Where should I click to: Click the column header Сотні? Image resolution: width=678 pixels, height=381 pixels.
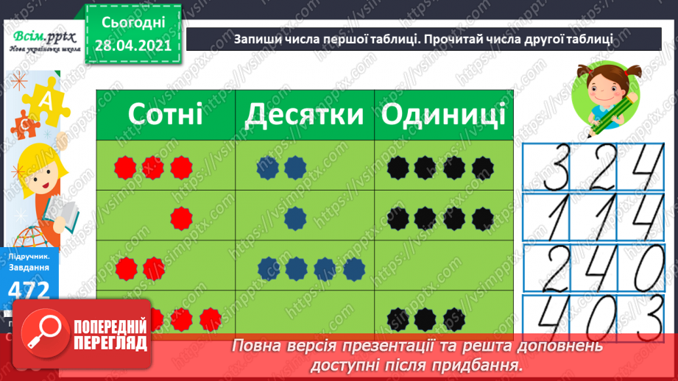[165, 115]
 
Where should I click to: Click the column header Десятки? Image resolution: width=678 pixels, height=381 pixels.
[304, 115]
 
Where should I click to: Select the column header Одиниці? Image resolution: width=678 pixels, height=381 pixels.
[443, 115]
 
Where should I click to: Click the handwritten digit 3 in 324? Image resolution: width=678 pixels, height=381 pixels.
[548, 168]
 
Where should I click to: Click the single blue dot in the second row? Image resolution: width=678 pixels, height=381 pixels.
[295, 217]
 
